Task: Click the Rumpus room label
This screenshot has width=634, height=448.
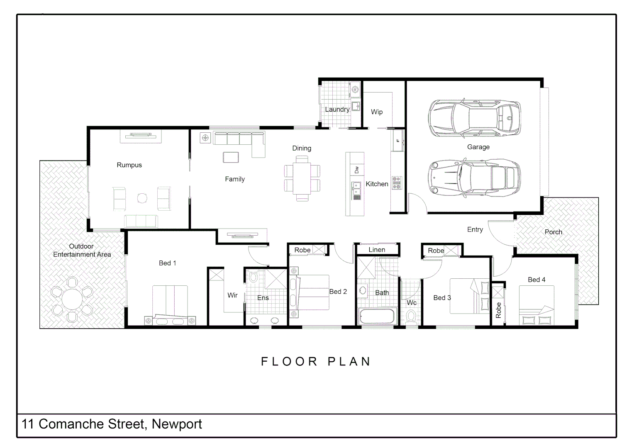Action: (x=129, y=165)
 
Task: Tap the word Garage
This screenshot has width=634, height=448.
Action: (x=478, y=147)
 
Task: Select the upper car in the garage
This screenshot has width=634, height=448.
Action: (x=474, y=118)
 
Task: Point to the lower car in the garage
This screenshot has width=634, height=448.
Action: (x=474, y=177)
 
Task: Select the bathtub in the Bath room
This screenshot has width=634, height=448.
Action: (x=376, y=317)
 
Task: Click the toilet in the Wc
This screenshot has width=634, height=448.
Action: (x=411, y=317)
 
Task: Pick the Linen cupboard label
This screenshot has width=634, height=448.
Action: (x=377, y=250)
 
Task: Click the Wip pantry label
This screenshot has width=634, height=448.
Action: (x=377, y=112)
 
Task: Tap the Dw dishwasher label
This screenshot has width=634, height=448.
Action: (x=356, y=170)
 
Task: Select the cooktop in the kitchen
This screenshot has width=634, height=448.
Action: (x=397, y=183)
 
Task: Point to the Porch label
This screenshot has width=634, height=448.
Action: (x=553, y=232)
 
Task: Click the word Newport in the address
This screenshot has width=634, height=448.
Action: (x=177, y=424)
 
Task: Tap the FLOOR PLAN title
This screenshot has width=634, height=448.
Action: (x=316, y=362)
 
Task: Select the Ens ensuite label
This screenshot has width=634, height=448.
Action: (x=263, y=298)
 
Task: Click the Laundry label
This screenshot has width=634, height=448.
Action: (x=337, y=110)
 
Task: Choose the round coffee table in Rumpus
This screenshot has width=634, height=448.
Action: (x=142, y=198)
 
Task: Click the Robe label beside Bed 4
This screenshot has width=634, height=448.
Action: (x=498, y=310)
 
